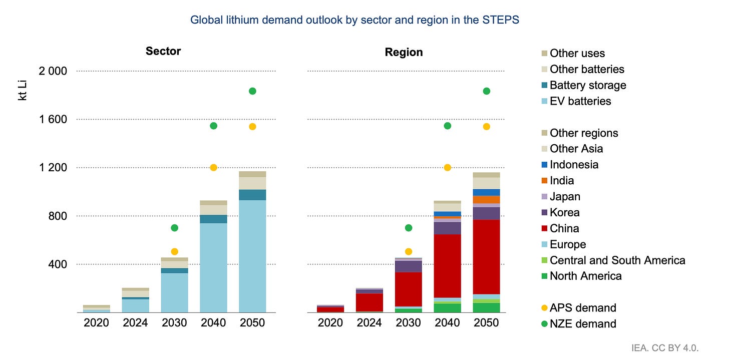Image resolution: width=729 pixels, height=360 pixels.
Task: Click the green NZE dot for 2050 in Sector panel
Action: (x=252, y=91)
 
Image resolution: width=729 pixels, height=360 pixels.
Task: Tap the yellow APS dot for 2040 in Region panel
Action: (x=448, y=168)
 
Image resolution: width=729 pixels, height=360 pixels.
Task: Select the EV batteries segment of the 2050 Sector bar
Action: (x=252, y=256)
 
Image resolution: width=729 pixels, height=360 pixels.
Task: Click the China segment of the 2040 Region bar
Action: (x=448, y=266)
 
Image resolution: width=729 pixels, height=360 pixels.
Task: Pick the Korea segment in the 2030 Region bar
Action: (x=409, y=266)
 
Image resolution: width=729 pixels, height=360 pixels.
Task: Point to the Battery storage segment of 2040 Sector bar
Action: (x=213, y=219)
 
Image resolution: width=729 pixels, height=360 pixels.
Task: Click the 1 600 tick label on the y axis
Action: (x=53, y=120)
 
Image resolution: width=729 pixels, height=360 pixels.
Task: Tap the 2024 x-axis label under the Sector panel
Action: (x=135, y=322)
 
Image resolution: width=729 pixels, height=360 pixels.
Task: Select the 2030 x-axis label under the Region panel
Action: (x=409, y=322)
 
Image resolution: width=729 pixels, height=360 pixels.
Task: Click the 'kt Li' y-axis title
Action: (x=22, y=91)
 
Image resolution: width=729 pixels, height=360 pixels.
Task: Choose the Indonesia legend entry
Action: (x=570, y=165)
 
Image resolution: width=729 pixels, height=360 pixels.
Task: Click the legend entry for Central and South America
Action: (x=613, y=260)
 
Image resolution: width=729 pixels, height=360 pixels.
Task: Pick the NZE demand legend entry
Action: (x=579, y=324)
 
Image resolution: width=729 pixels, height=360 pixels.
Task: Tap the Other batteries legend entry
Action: (x=583, y=69)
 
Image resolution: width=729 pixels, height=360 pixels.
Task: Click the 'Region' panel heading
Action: (x=404, y=52)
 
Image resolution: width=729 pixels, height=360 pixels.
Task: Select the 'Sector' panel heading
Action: (x=163, y=51)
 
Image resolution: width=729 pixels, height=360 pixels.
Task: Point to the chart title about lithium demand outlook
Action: (x=354, y=20)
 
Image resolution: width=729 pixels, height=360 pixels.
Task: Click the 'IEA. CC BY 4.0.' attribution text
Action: (x=665, y=348)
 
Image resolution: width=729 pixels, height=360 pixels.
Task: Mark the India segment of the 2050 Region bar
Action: (x=487, y=200)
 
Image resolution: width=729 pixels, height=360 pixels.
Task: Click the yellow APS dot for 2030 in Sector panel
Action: (x=174, y=252)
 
